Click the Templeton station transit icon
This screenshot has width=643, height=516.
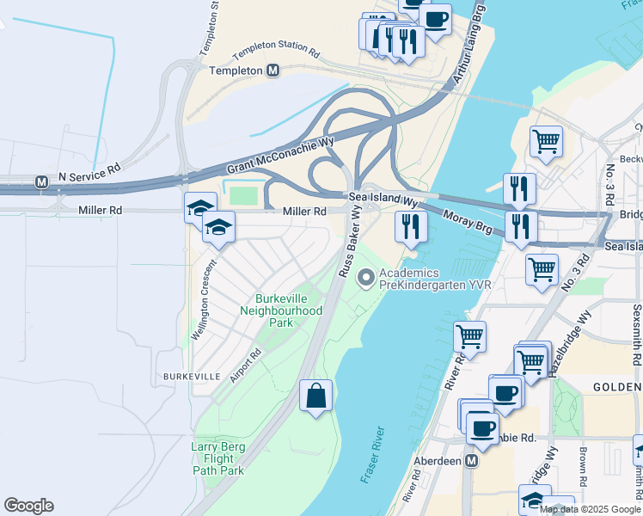pos(273,71)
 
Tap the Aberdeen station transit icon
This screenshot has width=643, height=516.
pos(471,461)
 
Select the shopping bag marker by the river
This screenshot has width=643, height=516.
pos(316,396)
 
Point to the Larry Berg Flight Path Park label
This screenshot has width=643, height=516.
pos(218,458)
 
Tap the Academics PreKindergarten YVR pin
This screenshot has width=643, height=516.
pos(366,277)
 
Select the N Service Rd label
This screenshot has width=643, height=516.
pos(89,175)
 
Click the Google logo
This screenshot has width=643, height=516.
pos(28,506)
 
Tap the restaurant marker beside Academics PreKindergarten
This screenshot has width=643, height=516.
pos(411,227)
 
